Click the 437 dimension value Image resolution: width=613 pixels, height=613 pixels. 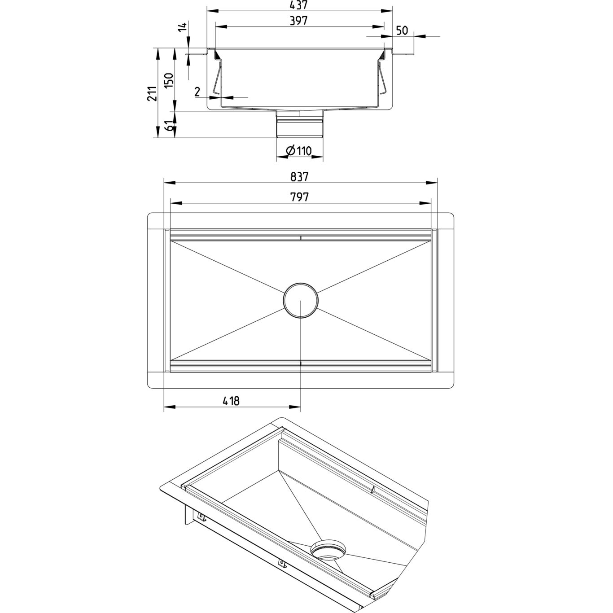[x=299, y=5]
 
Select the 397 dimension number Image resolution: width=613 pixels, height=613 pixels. [x=299, y=21]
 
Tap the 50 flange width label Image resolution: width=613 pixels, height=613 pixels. [x=402, y=31]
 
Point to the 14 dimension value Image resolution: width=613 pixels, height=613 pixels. [x=182, y=27]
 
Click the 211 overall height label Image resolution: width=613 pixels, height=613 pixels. [x=152, y=94]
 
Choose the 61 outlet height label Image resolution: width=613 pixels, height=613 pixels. [x=171, y=126]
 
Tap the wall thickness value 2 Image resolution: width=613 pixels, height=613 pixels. [x=197, y=92]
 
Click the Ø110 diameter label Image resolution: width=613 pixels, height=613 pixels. [x=299, y=150]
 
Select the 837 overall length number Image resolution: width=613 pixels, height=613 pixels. [x=299, y=177]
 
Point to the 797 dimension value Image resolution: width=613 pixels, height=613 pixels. [x=299, y=197]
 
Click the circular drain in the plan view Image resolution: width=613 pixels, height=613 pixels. [x=300, y=300]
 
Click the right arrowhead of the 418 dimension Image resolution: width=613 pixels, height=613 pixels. [x=295, y=407]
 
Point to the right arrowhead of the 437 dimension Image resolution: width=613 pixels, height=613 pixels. [x=387, y=11]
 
